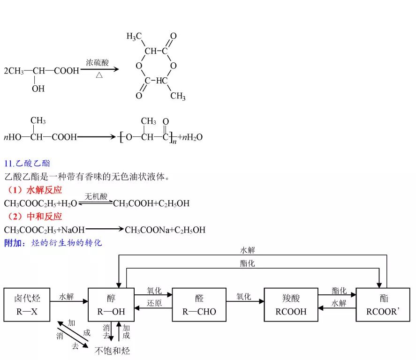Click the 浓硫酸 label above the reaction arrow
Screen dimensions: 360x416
98,62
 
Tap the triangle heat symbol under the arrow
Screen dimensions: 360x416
99,75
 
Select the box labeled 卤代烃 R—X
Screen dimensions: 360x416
27,305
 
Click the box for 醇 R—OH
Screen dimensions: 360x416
111,305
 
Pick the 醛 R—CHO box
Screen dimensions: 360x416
199,305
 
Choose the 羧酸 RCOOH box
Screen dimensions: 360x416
291,305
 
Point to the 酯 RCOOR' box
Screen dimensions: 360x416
384,305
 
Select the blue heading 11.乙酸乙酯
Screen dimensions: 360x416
27,164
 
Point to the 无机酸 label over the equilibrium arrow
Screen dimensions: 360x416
96,196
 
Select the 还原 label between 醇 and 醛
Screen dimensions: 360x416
154,303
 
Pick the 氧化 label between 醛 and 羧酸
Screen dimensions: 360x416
243,297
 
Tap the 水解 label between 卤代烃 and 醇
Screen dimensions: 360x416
66,297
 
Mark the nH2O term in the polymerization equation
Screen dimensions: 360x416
192,137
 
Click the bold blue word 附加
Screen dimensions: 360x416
12,243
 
